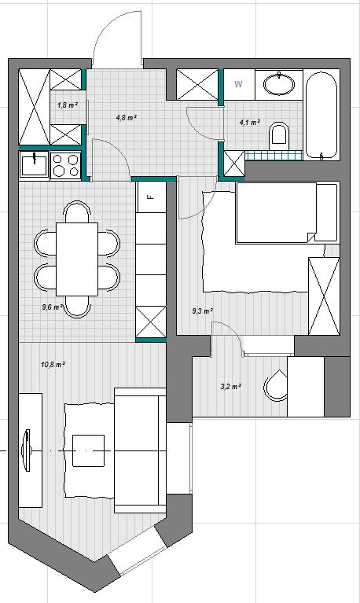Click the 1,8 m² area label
click(68, 105)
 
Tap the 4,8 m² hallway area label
click(127, 117)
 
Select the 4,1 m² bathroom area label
click(250, 123)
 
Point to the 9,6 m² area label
click(53, 307)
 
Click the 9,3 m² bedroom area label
click(203, 311)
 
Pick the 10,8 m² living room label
click(53, 364)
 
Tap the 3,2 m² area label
click(231, 387)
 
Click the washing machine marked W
click(239, 84)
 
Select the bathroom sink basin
click(279, 83)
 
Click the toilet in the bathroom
click(279, 136)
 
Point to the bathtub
click(321, 116)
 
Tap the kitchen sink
click(35, 164)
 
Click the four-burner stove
click(66, 165)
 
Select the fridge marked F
click(152, 197)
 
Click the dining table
click(77, 259)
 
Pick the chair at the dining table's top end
click(77, 213)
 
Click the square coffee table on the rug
click(89, 450)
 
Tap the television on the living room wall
click(28, 450)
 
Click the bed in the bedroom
click(288, 213)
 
